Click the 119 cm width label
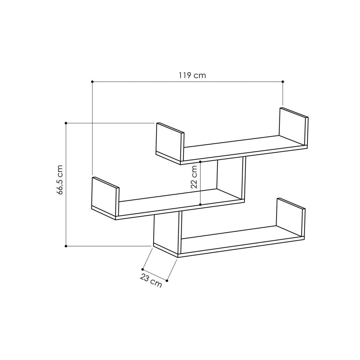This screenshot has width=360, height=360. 192,75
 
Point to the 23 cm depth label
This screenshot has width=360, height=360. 150,282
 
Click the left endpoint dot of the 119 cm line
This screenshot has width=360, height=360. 92,82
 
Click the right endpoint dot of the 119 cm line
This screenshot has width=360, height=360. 283,82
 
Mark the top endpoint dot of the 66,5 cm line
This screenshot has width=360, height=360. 66,123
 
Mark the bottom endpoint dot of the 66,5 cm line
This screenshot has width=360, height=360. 66,246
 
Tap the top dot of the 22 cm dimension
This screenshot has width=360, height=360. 200,162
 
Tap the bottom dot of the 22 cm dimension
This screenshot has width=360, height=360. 200,204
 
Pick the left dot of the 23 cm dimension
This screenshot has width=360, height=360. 143,269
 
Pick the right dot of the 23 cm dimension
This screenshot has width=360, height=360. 167,280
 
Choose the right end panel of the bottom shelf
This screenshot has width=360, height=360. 290,218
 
